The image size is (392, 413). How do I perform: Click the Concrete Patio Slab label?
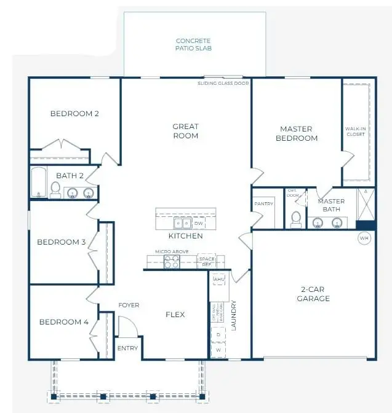pos(193,45)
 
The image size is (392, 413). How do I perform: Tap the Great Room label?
pos(185,131)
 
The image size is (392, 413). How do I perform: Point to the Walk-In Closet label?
pos(356,130)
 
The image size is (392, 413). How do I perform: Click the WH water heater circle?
pos(364,238)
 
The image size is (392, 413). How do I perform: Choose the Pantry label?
pos(263,204)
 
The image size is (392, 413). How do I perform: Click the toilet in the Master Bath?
pos(295,218)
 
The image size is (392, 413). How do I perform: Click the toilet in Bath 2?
pos(55,190)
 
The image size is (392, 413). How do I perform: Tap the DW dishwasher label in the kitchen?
pos(198,224)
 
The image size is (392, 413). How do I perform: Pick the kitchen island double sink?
pos(182,224)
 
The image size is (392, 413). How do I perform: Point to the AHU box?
pos(218,280)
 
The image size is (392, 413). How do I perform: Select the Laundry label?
pos(234,315)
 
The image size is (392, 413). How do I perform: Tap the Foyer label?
pos(129,305)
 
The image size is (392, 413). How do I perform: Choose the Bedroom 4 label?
pos(64,322)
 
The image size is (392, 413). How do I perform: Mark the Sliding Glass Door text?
pos(223,82)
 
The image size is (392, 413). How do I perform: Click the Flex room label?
pos(175,315)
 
